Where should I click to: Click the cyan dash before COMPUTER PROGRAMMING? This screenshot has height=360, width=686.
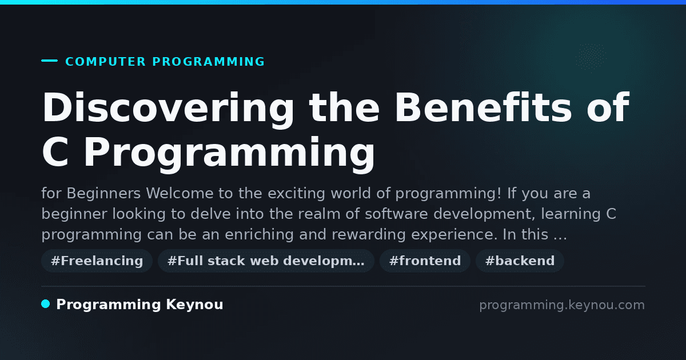pyautogui.click(x=49, y=61)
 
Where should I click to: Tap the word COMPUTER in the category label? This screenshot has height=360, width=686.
pyautogui.click(x=106, y=62)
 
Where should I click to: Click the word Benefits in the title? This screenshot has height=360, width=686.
pyautogui.click(x=483, y=107)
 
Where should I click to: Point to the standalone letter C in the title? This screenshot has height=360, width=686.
pyautogui.click(x=55, y=152)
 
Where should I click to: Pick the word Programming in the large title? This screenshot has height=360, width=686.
pyautogui.click(x=229, y=155)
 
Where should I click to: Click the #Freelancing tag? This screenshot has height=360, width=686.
pyautogui.click(x=97, y=261)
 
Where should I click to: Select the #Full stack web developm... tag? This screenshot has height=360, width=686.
pyautogui.click(x=266, y=261)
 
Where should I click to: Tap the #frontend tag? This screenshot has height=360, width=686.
pyautogui.click(x=425, y=261)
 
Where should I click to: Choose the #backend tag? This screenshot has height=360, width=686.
pyautogui.click(x=520, y=261)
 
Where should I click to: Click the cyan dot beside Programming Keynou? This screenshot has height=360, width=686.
pyautogui.click(x=46, y=304)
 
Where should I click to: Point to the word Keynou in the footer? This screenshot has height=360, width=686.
pyautogui.click(x=194, y=305)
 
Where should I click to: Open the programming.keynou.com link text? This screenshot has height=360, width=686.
pyautogui.click(x=562, y=305)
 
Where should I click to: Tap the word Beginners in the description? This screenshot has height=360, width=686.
pyautogui.click(x=103, y=194)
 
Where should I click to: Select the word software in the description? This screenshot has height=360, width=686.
pyautogui.click(x=396, y=214)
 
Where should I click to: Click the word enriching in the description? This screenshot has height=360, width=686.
pyautogui.click(x=260, y=235)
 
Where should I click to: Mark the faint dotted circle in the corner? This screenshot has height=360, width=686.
pyautogui.click(x=591, y=57)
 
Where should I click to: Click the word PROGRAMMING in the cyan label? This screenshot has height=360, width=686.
pyautogui.click(x=208, y=62)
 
